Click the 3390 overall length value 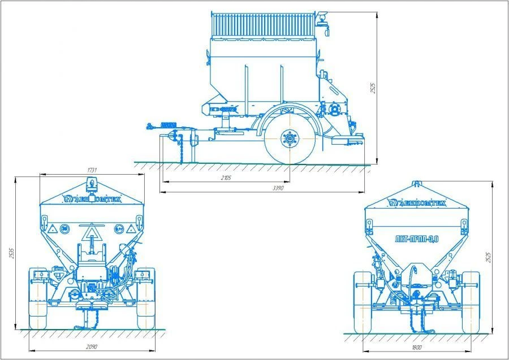[277, 188]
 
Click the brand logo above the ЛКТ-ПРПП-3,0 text [417, 202]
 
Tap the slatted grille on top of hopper [262, 24]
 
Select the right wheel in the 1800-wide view [471, 301]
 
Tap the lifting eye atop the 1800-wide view [417, 183]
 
